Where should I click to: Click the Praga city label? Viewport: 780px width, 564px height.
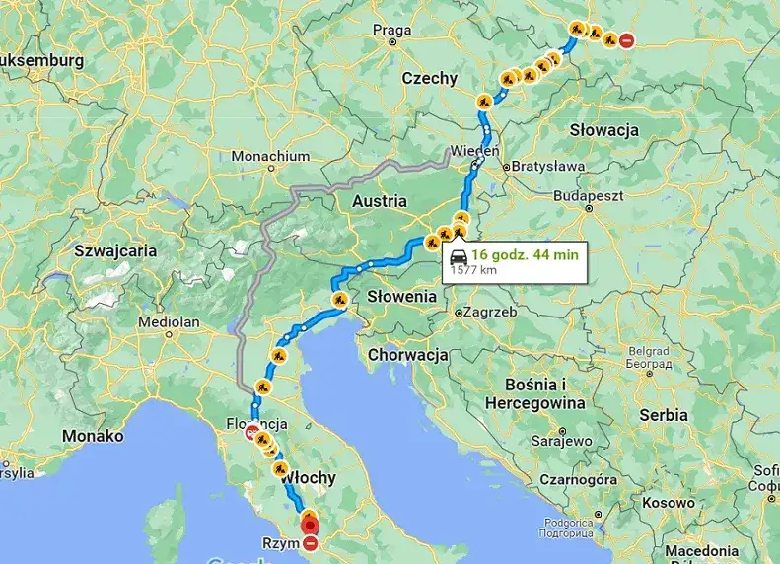[391, 31]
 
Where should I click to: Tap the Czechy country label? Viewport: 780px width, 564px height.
[429, 79]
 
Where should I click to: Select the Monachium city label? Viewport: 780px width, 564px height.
[270, 156]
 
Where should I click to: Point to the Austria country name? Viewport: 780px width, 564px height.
[379, 201]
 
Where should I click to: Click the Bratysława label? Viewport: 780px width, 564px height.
[548, 167]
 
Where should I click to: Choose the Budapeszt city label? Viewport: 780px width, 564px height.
[590, 196]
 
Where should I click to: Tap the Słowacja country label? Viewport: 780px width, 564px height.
[603, 130]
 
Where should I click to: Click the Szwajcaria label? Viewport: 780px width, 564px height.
[115, 250]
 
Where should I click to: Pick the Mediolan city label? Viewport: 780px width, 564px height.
[170, 321]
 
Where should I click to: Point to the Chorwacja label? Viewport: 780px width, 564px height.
[407, 354]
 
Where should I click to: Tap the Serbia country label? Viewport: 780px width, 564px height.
[663, 415]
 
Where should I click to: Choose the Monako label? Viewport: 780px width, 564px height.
[93, 436]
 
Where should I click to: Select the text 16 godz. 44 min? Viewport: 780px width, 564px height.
[525, 254]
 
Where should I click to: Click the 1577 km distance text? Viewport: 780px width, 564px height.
[473, 268]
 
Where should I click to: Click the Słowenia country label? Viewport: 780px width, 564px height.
[401, 296]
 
